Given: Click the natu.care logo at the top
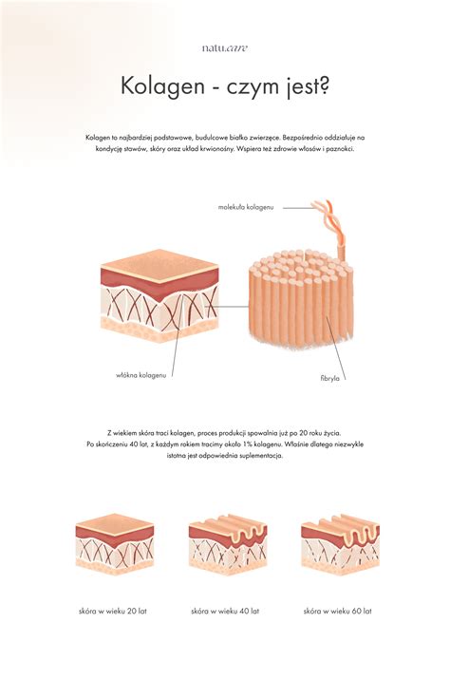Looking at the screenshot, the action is [x=225, y=47].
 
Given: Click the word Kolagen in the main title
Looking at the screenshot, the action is [x=162, y=85].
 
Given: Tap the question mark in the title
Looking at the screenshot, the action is [x=324, y=85].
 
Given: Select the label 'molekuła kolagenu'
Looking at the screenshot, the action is [x=246, y=207].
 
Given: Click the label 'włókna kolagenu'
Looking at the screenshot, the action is [x=141, y=375].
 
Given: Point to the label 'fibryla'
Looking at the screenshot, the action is [x=329, y=378].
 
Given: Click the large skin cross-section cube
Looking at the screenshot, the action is [x=159, y=295].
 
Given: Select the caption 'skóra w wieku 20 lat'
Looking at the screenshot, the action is [x=113, y=612].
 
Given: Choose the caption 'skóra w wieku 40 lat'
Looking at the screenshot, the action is [x=225, y=612].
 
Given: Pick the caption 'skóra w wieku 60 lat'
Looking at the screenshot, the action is [x=337, y=612].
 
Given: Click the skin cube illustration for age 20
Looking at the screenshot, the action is [x=115, y=544].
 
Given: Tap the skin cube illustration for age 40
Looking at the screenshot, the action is [x=228, y=544].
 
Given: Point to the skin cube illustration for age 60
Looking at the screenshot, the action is [x=341, y=544].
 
